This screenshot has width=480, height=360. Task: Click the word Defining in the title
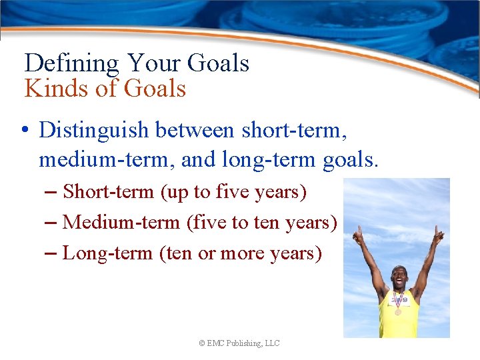point(71,64)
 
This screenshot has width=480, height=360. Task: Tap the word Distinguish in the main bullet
point(94,129)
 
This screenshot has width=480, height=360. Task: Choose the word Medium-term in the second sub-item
point(121,222)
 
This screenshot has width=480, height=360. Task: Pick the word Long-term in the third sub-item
point(107,253)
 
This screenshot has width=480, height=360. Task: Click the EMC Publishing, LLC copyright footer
point(239,343)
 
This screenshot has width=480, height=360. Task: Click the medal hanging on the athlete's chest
point(398,311)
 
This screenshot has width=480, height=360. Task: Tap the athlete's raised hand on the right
point(438,234)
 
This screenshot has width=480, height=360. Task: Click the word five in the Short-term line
point(235,192)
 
